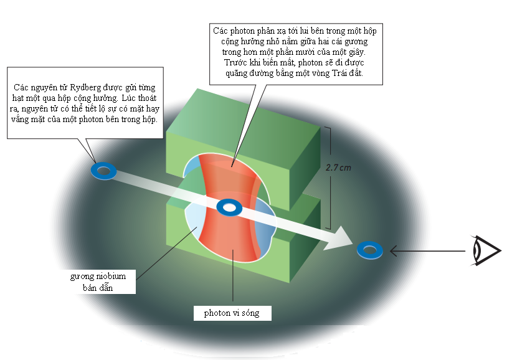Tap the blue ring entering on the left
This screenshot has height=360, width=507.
(x=103, y=171)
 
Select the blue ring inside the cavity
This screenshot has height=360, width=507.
(x=229, y=207)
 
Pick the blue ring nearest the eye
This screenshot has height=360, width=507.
(x=370, y=250)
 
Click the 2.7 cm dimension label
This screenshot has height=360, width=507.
(x=339, y=167)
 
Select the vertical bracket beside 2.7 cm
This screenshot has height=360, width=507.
(x=328, y=178)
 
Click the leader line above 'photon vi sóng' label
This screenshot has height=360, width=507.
(x=233, y=280)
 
